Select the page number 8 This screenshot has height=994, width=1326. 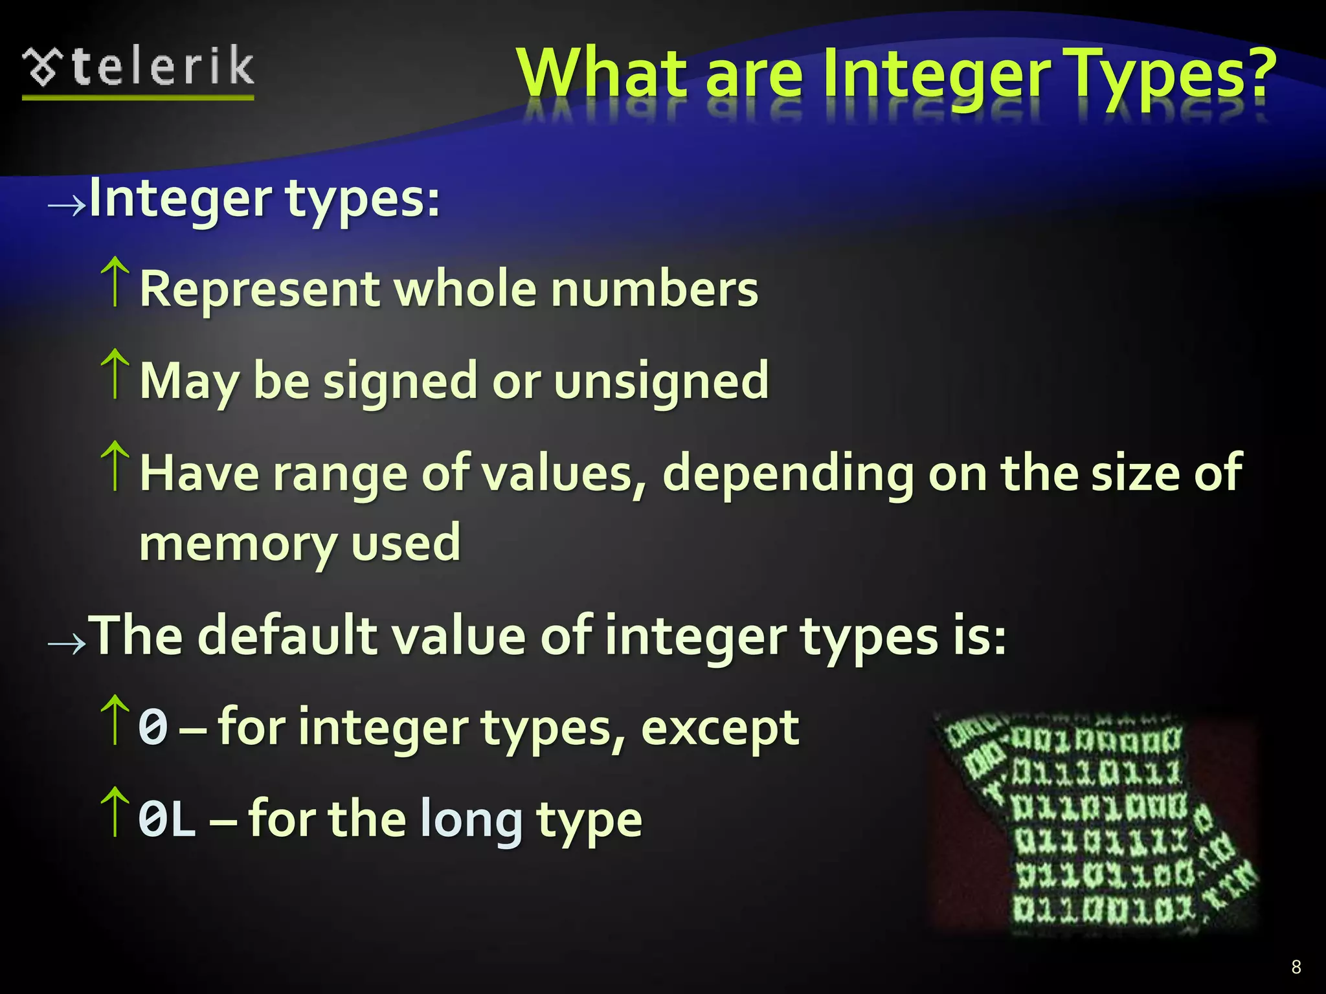point(1296,967)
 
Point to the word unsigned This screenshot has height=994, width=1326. point(661,381)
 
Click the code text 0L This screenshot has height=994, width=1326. point(166,820)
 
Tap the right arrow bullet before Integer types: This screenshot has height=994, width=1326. point(67,204)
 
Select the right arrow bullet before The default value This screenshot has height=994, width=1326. point(67,643)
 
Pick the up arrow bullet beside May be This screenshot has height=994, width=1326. point(115,373)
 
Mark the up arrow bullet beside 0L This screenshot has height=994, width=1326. point(115,812)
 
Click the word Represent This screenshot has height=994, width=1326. point(260,289)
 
